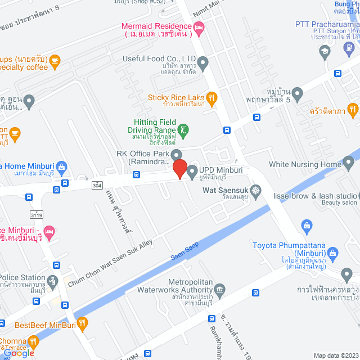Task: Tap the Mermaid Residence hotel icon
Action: point(199,27)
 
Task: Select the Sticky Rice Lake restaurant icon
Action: point(211,97)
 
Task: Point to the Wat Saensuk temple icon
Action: point(256,190)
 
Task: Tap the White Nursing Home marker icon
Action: point(349,164)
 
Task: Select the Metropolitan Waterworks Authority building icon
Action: point(220,289)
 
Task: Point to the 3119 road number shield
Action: point(37,215)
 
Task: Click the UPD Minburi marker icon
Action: point(191,170)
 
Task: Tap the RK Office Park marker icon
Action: point(177,154)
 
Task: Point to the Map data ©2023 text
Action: point(335,355)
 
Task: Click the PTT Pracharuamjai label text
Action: point(327,24)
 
